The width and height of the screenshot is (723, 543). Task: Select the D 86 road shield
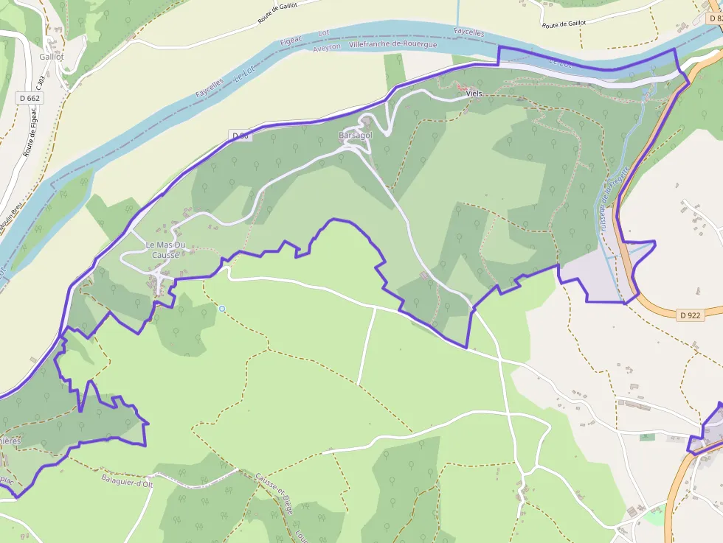click(x=241, y=136)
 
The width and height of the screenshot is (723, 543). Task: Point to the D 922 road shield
click(x=691, y=315)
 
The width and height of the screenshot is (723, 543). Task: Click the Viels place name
click(x=474, y=94)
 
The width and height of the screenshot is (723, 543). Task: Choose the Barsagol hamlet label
click(x=356, y=136)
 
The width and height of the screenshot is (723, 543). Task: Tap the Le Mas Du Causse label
click(x=162, y=250)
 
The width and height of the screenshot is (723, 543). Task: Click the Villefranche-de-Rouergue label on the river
click(x=393, y=45)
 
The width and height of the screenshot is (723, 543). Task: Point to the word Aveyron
click(x=327, y=46)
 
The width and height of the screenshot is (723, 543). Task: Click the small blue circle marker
click(x=222, y=309)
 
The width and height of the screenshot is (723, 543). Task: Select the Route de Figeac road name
click(x=31, y=133)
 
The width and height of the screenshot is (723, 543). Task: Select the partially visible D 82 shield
click(x=713, y=7)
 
